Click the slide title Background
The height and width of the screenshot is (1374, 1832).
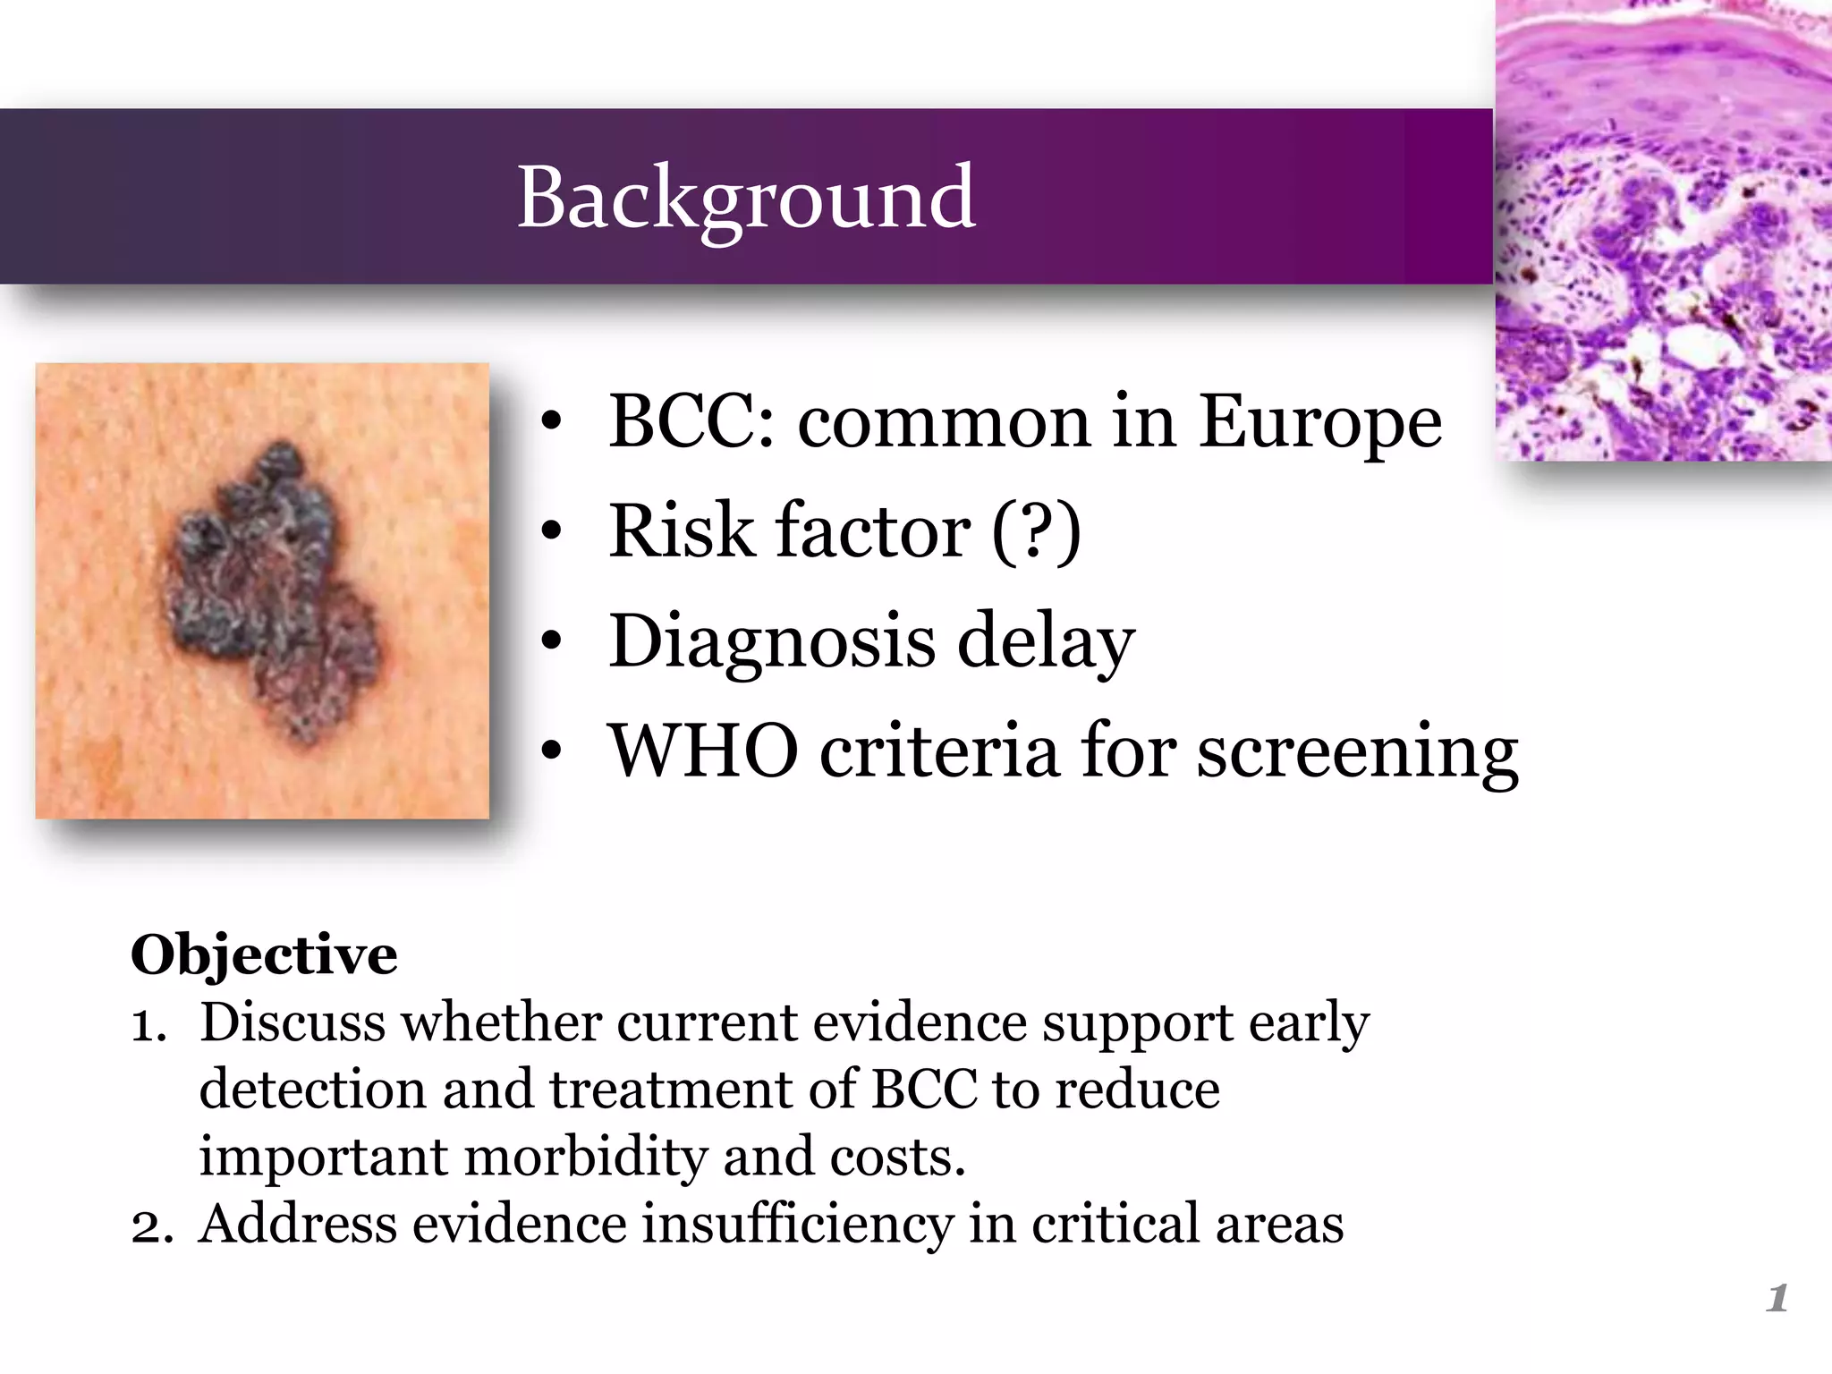pos(746,198)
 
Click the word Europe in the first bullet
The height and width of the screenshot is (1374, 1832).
pos(1319,421)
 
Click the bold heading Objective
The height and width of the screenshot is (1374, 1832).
pos(264,954)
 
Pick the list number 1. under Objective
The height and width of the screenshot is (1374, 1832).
pos(148,1024)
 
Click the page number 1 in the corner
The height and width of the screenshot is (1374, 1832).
pos(1777,1298)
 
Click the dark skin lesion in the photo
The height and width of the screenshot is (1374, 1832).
pos(268,590)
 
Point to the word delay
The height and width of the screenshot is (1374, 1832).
pos(1046,640)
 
